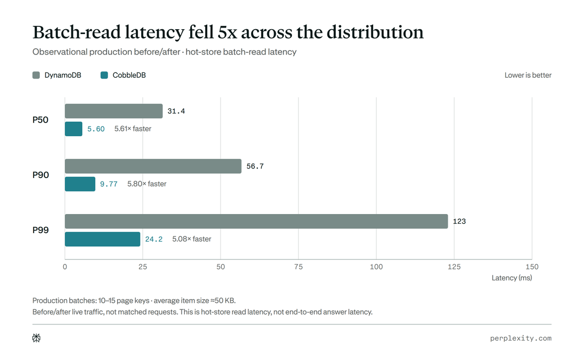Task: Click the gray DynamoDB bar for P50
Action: (x=114, y=111)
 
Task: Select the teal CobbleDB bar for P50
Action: (x=73, y=129)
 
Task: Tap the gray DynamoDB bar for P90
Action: (x=153, y=166)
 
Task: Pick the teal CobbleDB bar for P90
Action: (x=80, y=184)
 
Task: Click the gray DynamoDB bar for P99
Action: (x=256, y=221)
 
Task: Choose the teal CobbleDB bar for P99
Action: (x=103, y=239)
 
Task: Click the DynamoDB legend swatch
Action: (x=36, y=75)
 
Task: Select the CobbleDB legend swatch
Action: (x=104, y=75)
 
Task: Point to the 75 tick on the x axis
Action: (x=298, y=267)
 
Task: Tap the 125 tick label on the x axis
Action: (x=454, y=267)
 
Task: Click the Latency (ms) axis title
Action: (x=512, y=278)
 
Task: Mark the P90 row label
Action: (x=41, y=175)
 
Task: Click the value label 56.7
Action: (x=255, y=166)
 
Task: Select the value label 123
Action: (x=459, y=221)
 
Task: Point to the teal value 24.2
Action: (x=154, y=239)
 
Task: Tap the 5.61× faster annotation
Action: (x=133, y=129)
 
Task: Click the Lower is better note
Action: (x=528, y=75)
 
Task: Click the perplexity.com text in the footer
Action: (x=521, y=339)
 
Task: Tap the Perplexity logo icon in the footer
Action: (x=36, y=338)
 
